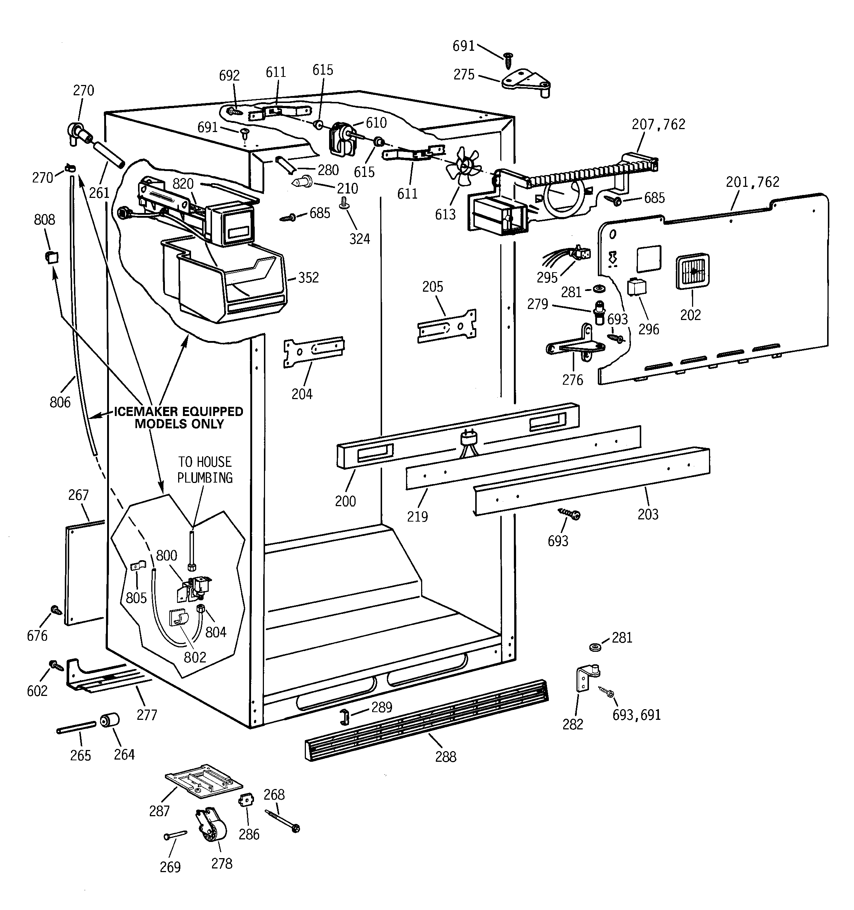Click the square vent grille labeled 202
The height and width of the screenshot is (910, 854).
(692, 271)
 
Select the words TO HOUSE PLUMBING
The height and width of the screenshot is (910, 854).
(205, 470)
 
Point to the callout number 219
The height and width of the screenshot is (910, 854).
(417, 516)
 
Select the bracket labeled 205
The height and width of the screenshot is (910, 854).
(447, 326)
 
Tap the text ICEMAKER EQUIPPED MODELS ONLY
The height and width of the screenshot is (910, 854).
(179, 417)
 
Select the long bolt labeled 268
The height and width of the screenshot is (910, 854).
(282, 820)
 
